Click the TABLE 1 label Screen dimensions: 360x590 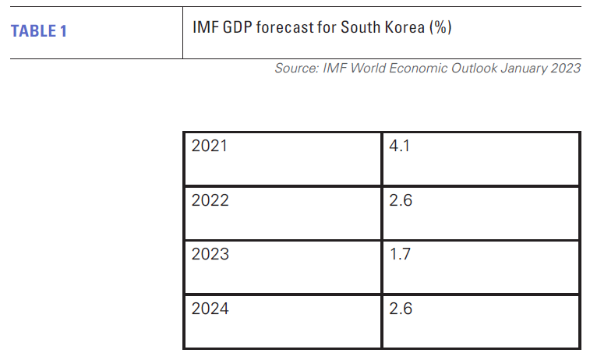[39, 32]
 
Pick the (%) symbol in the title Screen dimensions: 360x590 [440, 27]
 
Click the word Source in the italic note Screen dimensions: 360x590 [295, 69]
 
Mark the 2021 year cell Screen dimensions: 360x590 [210, 146]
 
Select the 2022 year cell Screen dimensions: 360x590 [210, 200]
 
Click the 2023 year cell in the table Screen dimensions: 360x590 [210, 254]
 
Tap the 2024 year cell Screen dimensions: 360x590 [210, 309]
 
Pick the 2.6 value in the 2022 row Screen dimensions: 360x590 [400, 200]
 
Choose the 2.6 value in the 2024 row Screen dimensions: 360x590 [400, 309]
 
